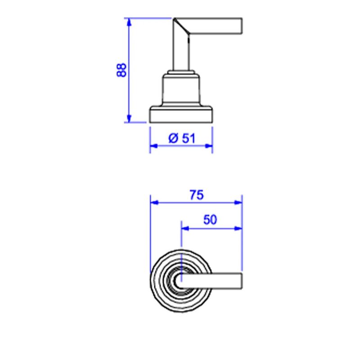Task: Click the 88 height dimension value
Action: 121,70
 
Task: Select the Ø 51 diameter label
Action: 182,138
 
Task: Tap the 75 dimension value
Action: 197,195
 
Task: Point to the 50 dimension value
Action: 210,220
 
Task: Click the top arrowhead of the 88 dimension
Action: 129,22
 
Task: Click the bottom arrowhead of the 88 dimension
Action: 129,118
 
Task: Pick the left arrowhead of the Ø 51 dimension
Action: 154,146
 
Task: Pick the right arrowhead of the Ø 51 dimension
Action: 208,146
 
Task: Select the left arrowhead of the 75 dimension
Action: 154,202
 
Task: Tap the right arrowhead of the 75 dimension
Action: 238,202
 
